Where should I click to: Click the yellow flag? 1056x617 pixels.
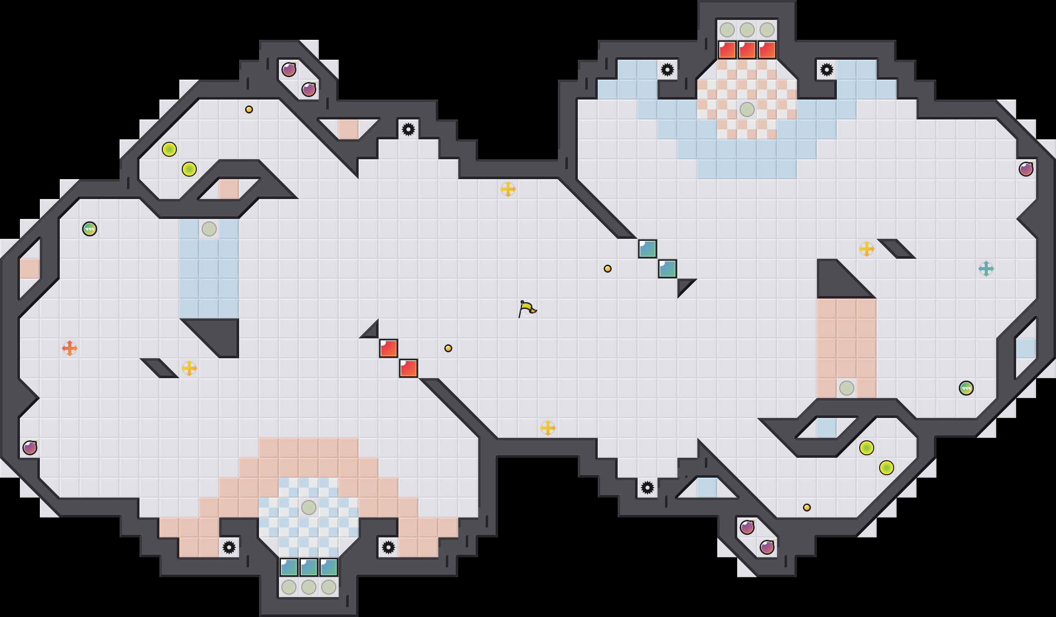point(527,309)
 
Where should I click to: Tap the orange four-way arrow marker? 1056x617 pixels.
point(70,348)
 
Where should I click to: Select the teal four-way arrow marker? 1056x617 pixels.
point(986,269)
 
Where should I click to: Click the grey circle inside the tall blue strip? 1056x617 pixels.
point(209,229)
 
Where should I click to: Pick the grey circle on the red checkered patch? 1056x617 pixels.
point(747,109)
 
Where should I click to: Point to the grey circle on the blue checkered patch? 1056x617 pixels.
point(309,508)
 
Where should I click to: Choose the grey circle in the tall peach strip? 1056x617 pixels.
point(847,388)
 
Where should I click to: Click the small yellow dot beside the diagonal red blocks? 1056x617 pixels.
point(448,348)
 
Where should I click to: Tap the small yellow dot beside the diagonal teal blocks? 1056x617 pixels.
point(608,269)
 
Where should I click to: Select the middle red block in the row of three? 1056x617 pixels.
point(747,50)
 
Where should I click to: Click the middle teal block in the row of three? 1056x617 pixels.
point(309,567)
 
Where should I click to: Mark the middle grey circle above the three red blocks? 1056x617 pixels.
point(747,30)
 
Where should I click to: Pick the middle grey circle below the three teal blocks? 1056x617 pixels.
point(309,587)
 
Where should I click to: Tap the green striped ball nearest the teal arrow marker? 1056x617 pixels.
point(966,388)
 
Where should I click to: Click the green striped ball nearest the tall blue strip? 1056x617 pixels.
point(90,229)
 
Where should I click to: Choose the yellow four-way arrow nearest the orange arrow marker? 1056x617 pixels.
point(189,368)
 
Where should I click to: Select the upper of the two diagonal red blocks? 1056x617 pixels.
point(389,348)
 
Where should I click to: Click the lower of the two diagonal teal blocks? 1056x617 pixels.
point(667,269)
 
